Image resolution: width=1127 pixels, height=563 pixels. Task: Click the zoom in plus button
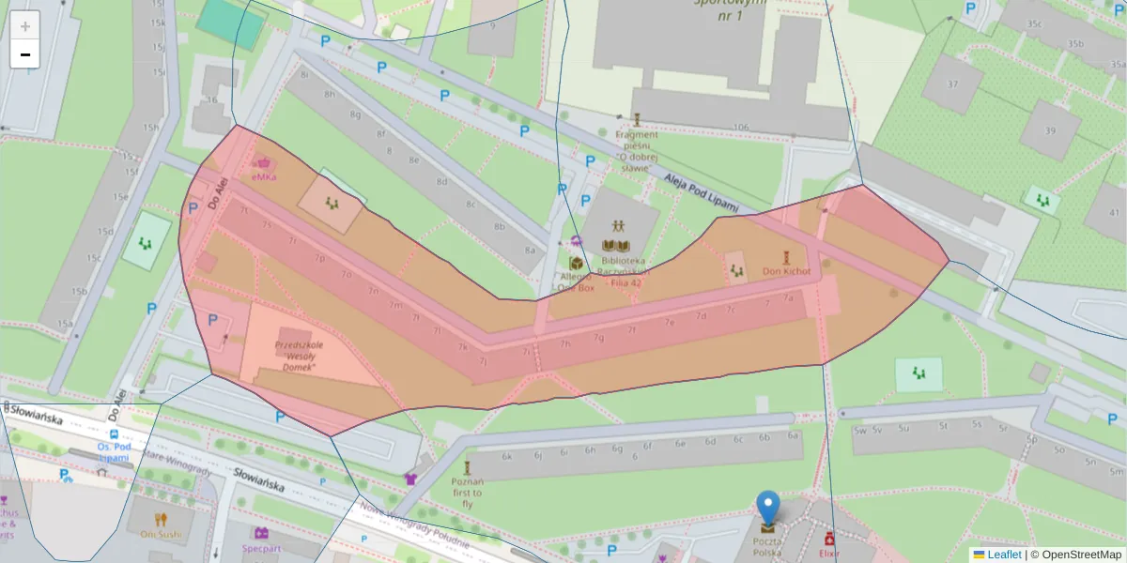24,25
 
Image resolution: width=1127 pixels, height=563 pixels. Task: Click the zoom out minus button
24,54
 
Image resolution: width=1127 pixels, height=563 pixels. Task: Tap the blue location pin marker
768,508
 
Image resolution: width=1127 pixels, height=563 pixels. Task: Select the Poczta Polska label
767,548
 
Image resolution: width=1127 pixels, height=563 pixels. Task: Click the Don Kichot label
785,271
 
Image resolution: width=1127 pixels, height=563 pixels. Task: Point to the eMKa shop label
264,176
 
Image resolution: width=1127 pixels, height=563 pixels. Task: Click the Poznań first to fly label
467,493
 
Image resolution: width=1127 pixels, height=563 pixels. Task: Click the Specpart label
261,546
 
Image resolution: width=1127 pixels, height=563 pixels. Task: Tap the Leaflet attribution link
1003,555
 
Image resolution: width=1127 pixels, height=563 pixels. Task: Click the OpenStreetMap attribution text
1074,555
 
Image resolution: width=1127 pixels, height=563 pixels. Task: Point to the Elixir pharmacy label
828,555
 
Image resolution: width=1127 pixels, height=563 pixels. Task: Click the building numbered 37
952,84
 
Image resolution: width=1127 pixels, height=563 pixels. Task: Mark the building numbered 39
1050,130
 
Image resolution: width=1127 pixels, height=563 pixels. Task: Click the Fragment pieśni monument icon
637,119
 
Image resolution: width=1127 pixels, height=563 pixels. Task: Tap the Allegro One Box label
576,281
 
